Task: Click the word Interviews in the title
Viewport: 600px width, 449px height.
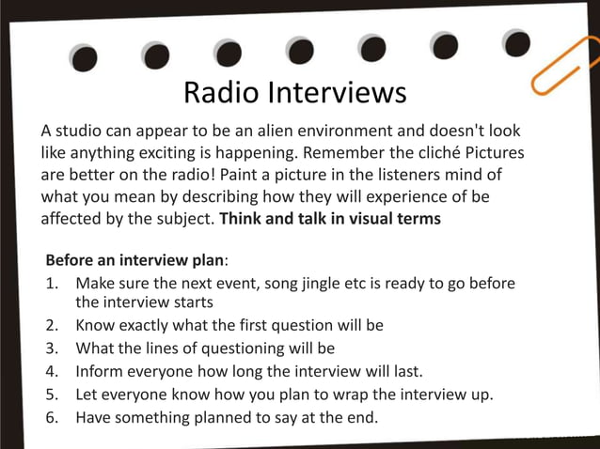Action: pos(337,93)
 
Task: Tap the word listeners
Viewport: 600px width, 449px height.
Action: pos(392,175)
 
